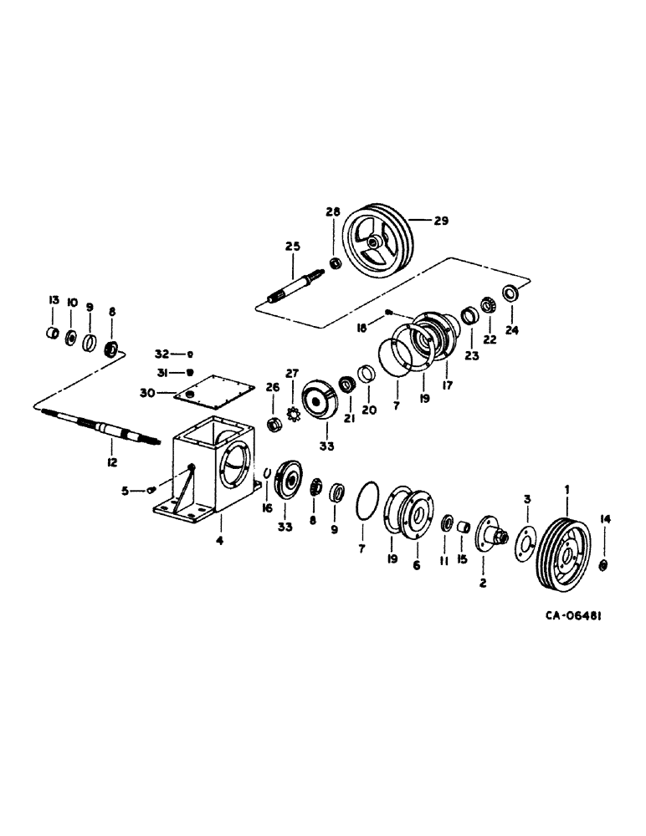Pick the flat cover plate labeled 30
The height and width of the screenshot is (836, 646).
coord(209,390)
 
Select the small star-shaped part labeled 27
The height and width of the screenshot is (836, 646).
coord(294,413)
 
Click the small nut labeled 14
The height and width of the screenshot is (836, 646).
coord(604,567)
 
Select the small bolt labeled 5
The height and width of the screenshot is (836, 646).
coord(151,490)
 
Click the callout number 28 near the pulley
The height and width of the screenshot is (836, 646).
coord(333,212)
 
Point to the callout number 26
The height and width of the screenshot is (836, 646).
coord(271,386)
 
